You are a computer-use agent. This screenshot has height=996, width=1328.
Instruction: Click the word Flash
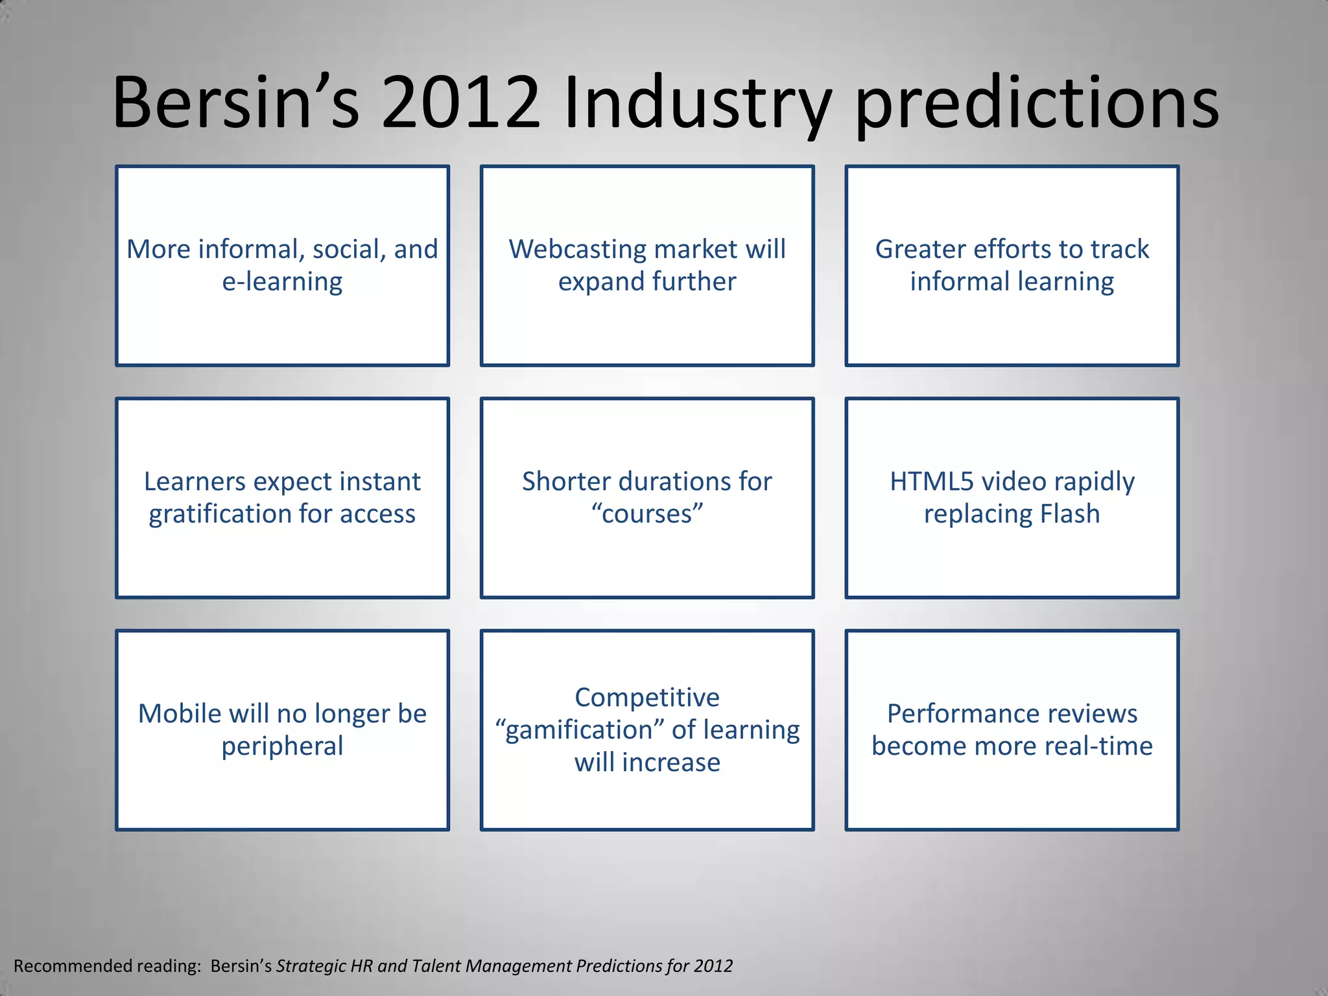(x=1070, y=514)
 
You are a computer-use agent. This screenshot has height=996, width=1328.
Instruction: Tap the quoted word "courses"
(x=647, y=514)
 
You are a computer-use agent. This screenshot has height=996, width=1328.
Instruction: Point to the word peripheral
(x=282, y=746)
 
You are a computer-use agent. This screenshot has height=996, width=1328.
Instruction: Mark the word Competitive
(x=647, y=698)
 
